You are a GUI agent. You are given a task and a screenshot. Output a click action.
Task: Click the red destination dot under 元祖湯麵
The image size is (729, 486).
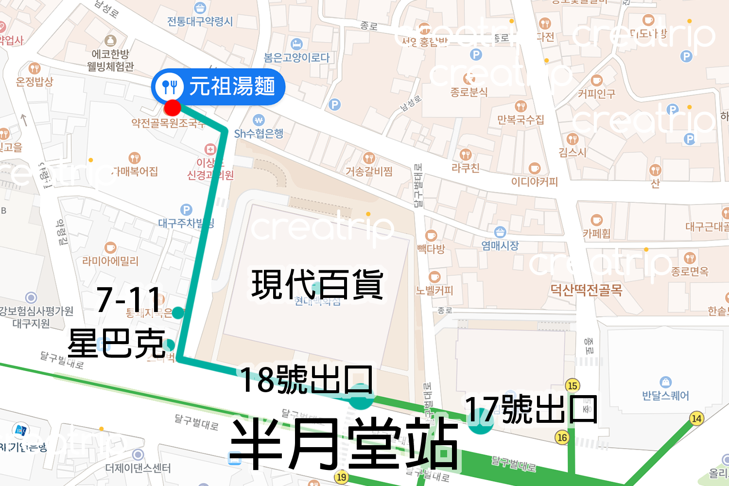[172, 107]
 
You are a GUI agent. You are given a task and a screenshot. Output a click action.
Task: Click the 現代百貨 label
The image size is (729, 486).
[317, 284]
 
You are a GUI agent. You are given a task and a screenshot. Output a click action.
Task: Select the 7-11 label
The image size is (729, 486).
[129, 299]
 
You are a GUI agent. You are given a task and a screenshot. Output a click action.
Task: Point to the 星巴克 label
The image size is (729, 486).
[117, 343]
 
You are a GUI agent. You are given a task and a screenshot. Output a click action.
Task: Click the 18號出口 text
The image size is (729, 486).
[307, 380]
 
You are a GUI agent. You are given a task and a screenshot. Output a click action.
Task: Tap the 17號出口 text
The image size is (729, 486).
[531, 409]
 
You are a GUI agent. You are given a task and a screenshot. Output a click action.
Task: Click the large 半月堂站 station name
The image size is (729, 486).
[344, 444]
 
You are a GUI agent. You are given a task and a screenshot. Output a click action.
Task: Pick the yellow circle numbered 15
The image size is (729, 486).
[573, 385]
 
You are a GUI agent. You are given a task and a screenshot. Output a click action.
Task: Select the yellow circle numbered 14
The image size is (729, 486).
[696, 418]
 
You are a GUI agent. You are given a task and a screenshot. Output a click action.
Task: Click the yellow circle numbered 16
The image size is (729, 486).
[562, 437]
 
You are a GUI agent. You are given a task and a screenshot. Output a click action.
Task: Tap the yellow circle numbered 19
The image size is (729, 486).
[341, 477]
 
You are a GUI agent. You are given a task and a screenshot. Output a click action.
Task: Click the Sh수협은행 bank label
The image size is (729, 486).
[259, 133]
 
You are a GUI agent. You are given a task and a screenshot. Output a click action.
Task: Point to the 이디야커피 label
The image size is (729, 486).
[534, 182]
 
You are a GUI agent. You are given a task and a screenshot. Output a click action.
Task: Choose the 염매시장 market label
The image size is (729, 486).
[500, 245]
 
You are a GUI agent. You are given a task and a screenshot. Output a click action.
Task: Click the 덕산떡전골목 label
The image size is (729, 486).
[586, 290]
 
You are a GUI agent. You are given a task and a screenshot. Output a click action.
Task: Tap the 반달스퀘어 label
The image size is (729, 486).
[665, 396]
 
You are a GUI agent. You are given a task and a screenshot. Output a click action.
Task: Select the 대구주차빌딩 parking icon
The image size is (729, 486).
[186, 210]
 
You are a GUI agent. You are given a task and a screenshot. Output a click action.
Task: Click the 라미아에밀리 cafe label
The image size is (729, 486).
[110, 261]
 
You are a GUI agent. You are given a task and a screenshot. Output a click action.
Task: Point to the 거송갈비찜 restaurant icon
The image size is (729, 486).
[369, 158]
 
